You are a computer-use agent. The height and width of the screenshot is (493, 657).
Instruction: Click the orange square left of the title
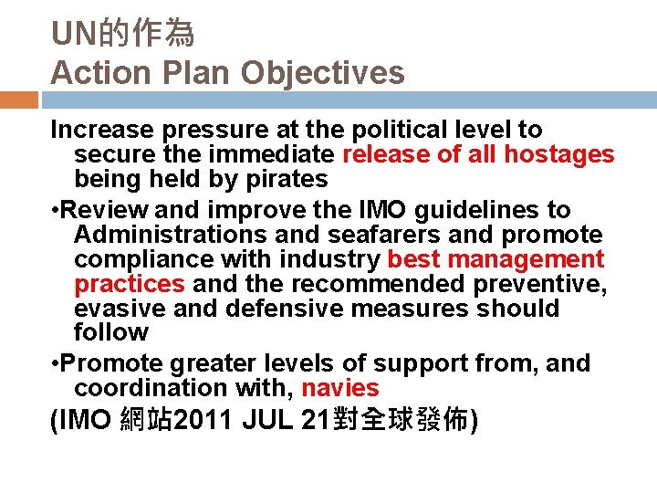(18, 100)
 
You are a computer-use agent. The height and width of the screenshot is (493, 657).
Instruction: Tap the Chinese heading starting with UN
(122, 35)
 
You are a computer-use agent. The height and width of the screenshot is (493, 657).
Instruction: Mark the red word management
(529, 260)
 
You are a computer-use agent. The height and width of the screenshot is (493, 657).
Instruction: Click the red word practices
(130, 285)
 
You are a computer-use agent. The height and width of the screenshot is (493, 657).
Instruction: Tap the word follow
(110, 333)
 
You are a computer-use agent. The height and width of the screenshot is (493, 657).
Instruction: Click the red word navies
(339, 388)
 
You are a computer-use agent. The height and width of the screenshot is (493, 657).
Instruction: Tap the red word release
(389, 155)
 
